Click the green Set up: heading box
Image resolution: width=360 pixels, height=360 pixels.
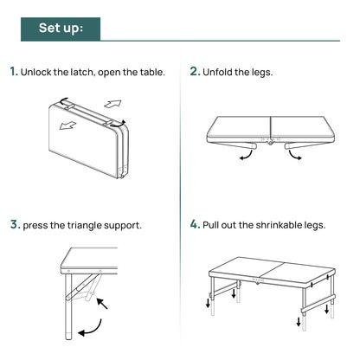(x=61, y=29)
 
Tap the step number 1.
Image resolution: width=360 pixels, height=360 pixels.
(x=13, y=72)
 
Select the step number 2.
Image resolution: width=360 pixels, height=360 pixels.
(x=194, y=72)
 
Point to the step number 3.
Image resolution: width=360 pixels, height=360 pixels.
(x=14, y=224)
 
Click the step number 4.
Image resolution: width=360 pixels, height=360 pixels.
(x=195, y=224)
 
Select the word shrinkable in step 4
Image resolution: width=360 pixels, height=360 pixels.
(x=272, y=225)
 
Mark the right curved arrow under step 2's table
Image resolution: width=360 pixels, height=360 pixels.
(x=297, y=155)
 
